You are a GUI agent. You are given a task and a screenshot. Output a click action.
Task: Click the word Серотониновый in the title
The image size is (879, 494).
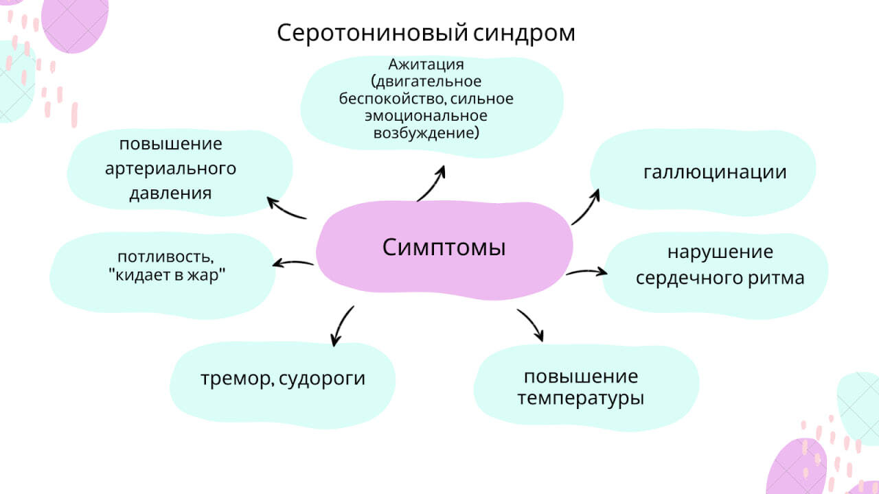click(x=372, y=34)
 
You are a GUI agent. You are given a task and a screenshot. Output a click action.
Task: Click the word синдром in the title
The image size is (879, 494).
click(x=524, y=34)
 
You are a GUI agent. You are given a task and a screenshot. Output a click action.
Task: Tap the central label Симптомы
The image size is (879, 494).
click(x=444, y=248)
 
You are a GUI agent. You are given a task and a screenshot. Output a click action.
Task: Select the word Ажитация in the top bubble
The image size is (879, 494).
click(x=426, y=64)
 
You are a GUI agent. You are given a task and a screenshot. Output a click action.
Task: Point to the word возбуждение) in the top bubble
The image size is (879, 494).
click(x=426, y=133)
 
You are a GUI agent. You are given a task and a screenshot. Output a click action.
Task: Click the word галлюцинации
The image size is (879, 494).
click(x=715, y=172)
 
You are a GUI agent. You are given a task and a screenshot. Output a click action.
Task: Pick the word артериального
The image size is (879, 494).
click(x=171, y=169)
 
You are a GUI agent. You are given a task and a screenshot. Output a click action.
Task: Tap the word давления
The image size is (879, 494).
click(x=171, y=193)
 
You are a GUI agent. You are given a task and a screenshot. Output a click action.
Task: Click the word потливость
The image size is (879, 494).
click(x=165, y=257)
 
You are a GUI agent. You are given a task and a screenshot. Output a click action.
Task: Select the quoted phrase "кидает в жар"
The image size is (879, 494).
click(x=167, y=275)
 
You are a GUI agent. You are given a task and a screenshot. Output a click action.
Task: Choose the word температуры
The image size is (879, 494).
click(x=581, y=399)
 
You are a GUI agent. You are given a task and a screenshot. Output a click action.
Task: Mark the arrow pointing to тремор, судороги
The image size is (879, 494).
click(x=341, y=325)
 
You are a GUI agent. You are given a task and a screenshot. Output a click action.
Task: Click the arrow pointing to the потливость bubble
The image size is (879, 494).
click(x=293, y=263)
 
